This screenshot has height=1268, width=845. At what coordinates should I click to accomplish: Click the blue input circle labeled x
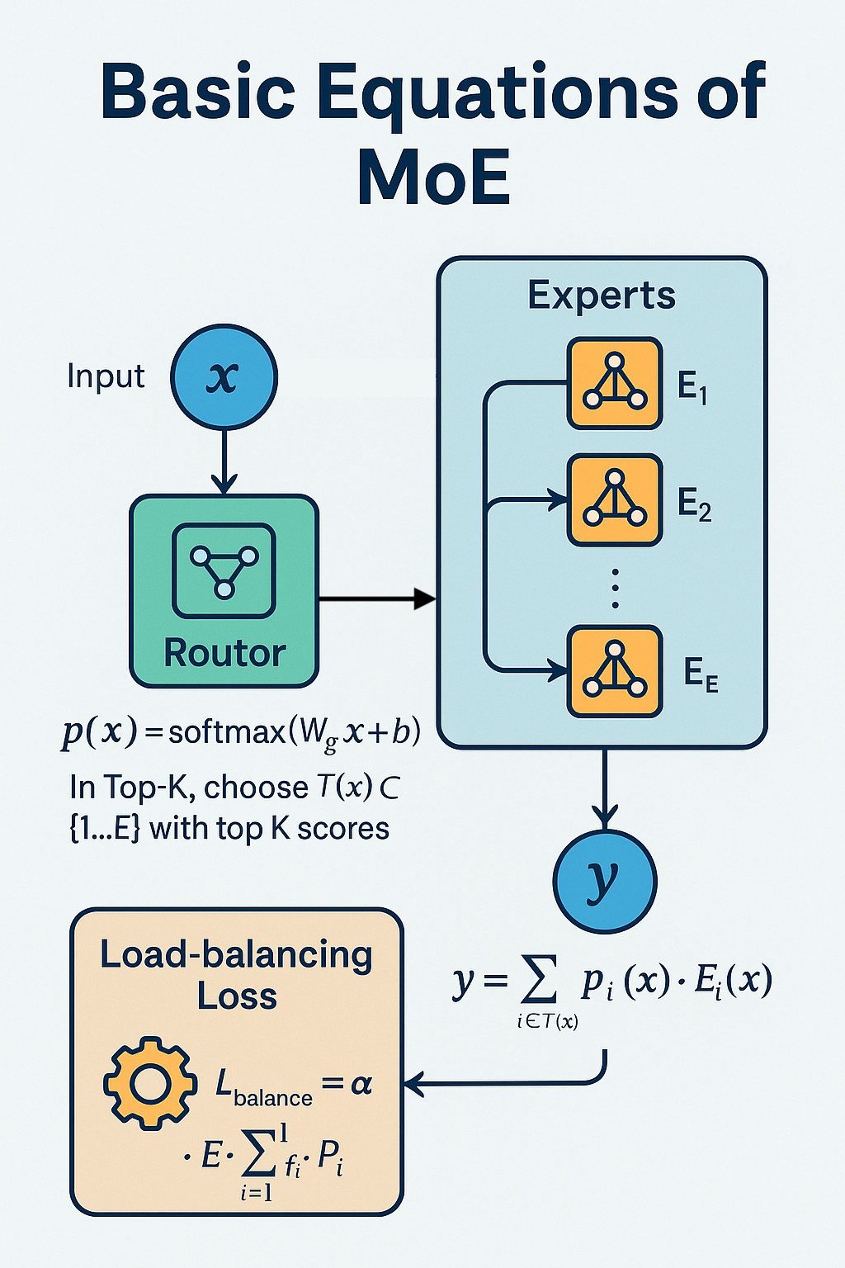point(224,378)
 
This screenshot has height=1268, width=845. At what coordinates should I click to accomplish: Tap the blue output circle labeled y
point(605,880)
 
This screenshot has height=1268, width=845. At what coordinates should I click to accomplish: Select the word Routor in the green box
point(224,653)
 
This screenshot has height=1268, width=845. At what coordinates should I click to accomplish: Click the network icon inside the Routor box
point(224,570)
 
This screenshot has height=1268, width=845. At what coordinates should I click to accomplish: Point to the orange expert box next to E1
point(615,383)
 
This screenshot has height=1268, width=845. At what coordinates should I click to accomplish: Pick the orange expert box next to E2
point(615,499)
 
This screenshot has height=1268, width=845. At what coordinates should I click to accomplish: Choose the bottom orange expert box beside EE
point(615,671)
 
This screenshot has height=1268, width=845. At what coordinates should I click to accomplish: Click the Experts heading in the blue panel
point(602,296)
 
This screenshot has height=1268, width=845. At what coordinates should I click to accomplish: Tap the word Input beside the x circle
point(106,376)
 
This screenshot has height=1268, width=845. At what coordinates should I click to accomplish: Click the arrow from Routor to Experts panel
point(376,599)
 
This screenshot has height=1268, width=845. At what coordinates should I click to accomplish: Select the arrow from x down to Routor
point(224,462)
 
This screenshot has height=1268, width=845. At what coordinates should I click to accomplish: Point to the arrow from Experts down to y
point(605,788)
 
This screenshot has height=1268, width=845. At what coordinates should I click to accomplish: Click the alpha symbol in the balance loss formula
point(361,1083)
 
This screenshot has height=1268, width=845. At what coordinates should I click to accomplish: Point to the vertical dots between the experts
point(615,588)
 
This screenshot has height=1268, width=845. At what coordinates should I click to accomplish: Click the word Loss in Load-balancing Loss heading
point(237,996)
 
